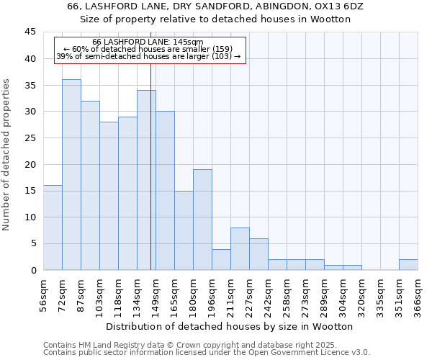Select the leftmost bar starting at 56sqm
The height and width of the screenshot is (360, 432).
pos(53,228)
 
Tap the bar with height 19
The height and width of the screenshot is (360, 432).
pos(202,220)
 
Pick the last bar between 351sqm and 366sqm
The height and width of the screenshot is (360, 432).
pos(408,264)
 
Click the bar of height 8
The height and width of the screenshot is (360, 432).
pos(240,248)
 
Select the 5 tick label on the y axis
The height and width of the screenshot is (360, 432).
pos(32,243)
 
